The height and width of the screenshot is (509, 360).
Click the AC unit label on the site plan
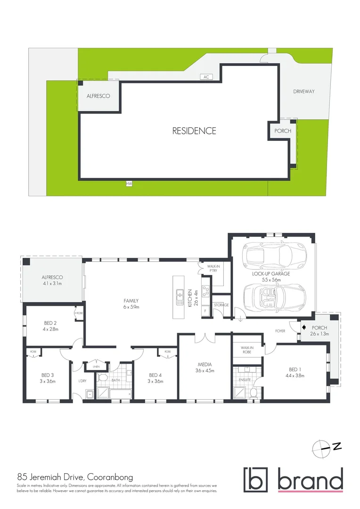tap(206, 76)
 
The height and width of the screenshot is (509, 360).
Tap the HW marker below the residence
tap(127, 183)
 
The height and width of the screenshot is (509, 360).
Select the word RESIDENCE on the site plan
tap(194, 131)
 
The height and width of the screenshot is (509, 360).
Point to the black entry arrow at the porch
tap(304, 327)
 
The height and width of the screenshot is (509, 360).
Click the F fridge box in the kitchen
tap(206, 311)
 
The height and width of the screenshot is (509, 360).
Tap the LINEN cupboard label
tap(97, 366)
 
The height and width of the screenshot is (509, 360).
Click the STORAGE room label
tap(221, 305)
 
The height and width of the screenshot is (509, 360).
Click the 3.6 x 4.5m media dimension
tap(205, 370)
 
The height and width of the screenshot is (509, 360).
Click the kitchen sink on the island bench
tap(180, 296)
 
